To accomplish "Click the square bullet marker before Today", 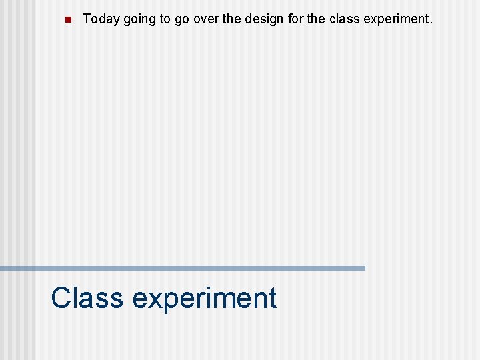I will point(67,20).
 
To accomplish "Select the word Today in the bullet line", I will point(101,19).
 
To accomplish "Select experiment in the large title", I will point(204,299).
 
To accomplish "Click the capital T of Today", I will point(87,19).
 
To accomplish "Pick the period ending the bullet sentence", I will point(431,23).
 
